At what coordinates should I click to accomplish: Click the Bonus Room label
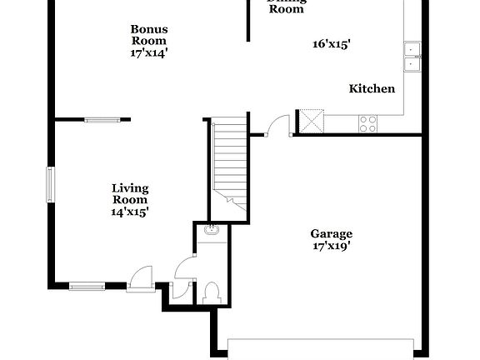point(148,34)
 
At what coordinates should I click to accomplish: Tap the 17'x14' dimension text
point(148,52)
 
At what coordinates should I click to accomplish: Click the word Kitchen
point(372,88)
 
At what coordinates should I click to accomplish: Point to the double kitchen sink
point(412,56)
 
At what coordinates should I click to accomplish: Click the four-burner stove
point(367,123)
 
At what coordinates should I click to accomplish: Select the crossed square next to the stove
point(311,122)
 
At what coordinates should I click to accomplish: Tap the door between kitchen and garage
point(276,126)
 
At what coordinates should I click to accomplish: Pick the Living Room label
point(130,193)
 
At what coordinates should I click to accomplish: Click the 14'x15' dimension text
point(130,212)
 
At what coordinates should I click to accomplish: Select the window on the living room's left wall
point(50,184)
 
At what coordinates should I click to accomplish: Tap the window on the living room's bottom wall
point(87,286)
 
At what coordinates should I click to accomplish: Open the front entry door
point(142,279)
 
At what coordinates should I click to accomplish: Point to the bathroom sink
point(211,230)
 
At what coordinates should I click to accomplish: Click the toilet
point(210,292)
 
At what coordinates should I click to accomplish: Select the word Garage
point(332,233)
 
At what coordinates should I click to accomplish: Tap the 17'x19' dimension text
point(332,246)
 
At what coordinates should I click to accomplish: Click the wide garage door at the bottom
point(321,349)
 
